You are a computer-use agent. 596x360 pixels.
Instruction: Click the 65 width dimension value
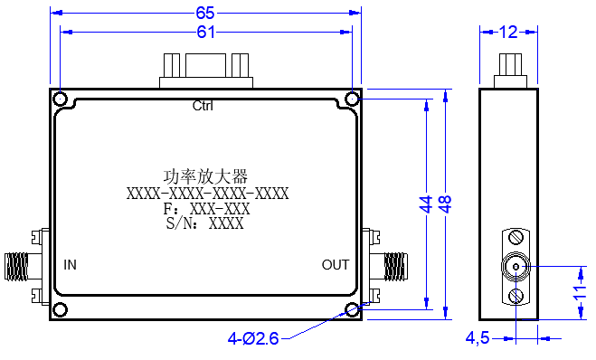[x=205, y=14]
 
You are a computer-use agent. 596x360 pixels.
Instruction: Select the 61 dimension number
[x=205, y=33]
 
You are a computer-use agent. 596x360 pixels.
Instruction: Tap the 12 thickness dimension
[x=508, y=33]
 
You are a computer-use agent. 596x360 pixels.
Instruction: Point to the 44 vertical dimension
[x=426, y=204]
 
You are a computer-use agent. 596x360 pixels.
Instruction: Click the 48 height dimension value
[x=445, y=204]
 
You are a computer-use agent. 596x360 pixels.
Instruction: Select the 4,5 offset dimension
[x=478, y=338]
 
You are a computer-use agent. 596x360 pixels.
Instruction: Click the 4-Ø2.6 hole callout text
[x=253, y=338]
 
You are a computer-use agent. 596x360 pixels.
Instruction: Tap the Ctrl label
[x=203, y=105]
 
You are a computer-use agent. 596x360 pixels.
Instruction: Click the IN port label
[x=70, y=265]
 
